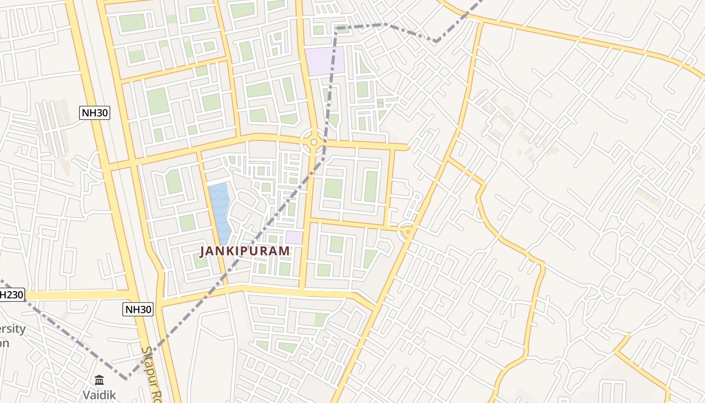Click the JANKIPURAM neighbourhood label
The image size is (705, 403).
point(245,250)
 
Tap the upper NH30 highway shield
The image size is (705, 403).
point(95,112)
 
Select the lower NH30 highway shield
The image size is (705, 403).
point(138,309)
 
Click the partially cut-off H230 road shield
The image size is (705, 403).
point(11,295)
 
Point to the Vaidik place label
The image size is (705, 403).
point(99,394)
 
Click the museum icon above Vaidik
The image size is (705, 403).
point(99,379)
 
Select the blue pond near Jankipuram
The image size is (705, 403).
point(219,212)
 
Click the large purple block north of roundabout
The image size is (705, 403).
point(325,61)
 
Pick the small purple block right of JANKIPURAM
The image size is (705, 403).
point(294,237)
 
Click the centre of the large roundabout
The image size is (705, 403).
point(314,142)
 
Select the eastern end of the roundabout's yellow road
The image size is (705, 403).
point(407,147)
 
